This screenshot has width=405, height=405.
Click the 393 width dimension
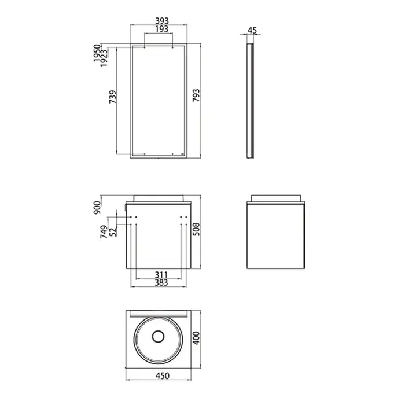pos(162,21)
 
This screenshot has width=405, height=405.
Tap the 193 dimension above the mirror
pos(162,29)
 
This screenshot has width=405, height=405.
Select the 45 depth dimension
pos(252,30)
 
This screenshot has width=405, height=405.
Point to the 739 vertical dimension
pos(113,97)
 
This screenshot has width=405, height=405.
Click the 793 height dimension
pos(196,95)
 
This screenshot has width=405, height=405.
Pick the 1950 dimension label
pos(97,53)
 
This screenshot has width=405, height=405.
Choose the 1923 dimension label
pos(104,58)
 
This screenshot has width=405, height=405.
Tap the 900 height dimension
pos(97,207)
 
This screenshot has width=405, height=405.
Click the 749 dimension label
pos(104,231)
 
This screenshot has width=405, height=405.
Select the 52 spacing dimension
pos(113,231)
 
